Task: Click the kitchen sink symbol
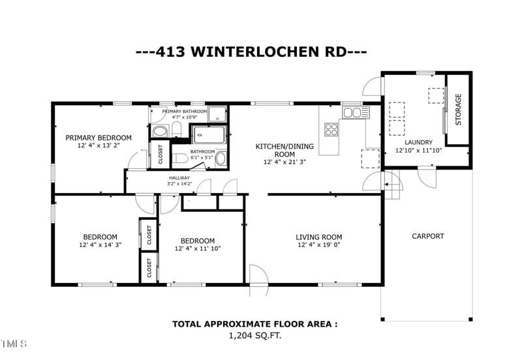click(x=356, y=112)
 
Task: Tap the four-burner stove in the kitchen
click(x=331, y=129)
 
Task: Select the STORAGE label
click(x=458, y=110)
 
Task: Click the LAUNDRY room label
click(x=418, y=142)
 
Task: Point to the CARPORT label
click(x=428, y=236)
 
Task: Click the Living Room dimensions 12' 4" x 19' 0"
click(x=319, y=245)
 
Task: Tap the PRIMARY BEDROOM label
click(x=99, y=138)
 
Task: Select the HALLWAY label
click(x=179, y=178)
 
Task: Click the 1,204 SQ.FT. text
click(x=255, y=336)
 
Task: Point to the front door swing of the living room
click(x=258, y=280)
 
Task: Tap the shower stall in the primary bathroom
click(x=217, y=114)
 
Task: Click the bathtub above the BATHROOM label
click(x=209, y=135)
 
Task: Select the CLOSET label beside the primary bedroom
click(x=161, y=155)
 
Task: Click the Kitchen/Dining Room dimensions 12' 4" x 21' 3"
click(x=284, y=162)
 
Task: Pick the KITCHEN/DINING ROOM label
click(x=284, y=150)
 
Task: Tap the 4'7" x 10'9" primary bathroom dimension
click(x=185, y=117)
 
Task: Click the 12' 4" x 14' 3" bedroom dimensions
click(x=100, y=245)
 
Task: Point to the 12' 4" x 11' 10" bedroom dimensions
click(x=198, y=248)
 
